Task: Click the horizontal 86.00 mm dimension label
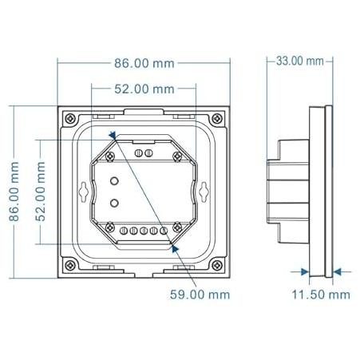coord(144,63)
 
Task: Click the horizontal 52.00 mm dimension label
coord(144,89)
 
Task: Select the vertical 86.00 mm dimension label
coord(14,192)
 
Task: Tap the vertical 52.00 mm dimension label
coord(40,192)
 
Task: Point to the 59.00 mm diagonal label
coord(200,295)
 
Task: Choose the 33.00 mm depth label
coord(300,61)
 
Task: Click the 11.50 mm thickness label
coord(321,295)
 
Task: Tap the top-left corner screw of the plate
coord(70,118)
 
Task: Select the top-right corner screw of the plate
coord(217,118)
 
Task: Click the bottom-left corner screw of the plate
coord(70,265)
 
